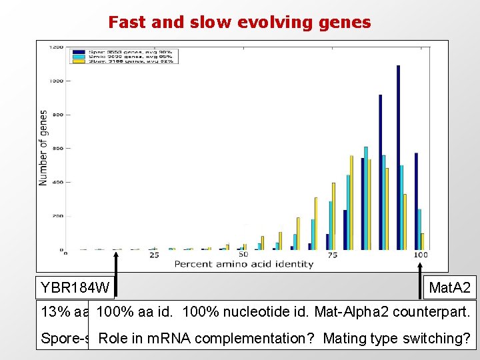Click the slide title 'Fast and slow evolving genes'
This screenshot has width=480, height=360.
click(x=239, y=23)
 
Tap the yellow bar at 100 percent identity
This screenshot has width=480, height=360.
click(x=423, y=241)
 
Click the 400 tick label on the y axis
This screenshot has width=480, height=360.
click(x=58, y=183)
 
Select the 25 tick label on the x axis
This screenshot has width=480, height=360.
click(x=154, y=255)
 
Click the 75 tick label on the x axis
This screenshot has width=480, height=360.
click(x=333, y=255)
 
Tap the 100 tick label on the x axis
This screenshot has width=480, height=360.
click(x=421, y=255)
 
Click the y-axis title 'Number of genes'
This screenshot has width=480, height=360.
click(x=43, y=148)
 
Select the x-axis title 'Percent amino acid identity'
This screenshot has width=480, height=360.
click(x=243, y=264)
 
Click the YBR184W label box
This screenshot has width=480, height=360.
click(x=75, y=288)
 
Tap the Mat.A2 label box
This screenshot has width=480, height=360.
click(x=450, y=288)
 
